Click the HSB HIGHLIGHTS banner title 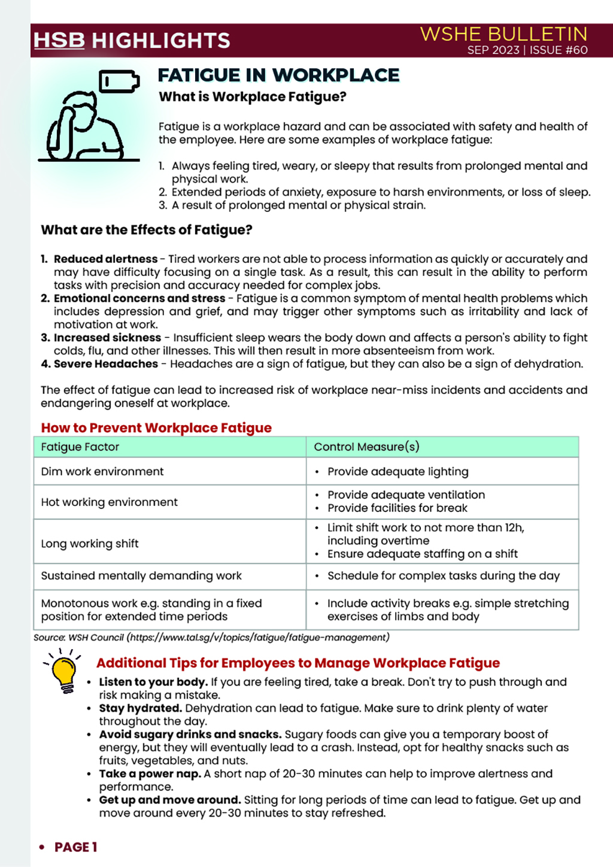point(132,40)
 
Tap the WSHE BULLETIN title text point(503,34)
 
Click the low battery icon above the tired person point(119,81)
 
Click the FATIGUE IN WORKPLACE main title point(278,75)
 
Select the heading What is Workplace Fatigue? point(252,97)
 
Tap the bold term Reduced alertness point(105,259)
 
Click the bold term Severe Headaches point(105,364)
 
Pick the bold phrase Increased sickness point(107,338)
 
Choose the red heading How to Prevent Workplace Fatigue point(156,428)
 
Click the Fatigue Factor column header point(80,447)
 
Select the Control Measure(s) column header point(366,447)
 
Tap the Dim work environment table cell point(102,471)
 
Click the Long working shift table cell point(90,544)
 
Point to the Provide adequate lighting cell point(397,472)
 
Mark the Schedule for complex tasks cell point(443,576)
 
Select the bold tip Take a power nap point(150,774)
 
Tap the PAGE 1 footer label point(75,847)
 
